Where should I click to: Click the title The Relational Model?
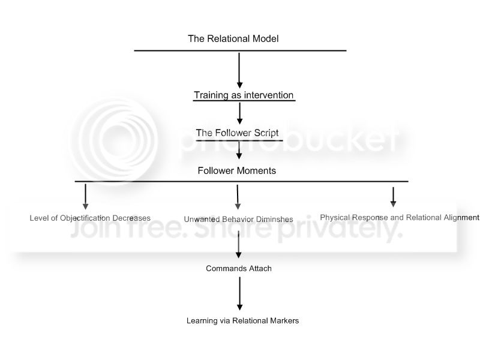(233, 39)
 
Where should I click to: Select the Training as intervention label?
(244, 95)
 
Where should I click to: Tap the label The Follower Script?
(237, 133)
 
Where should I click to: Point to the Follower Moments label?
(237, 170)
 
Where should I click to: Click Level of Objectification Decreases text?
(90, 218)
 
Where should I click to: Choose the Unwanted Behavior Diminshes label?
(239, 219)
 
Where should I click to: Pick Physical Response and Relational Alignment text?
(400, 217)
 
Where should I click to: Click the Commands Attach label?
(239, 268)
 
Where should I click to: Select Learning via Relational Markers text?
(242, 320)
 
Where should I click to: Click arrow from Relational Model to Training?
(239, 70)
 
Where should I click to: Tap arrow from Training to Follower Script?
(239, 112)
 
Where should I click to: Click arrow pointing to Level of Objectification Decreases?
(85, 196)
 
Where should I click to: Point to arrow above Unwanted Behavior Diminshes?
(238, 196)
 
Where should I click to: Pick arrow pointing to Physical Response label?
(393, 197)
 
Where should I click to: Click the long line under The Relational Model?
(240, 50)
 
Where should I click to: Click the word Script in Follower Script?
(264, 133)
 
